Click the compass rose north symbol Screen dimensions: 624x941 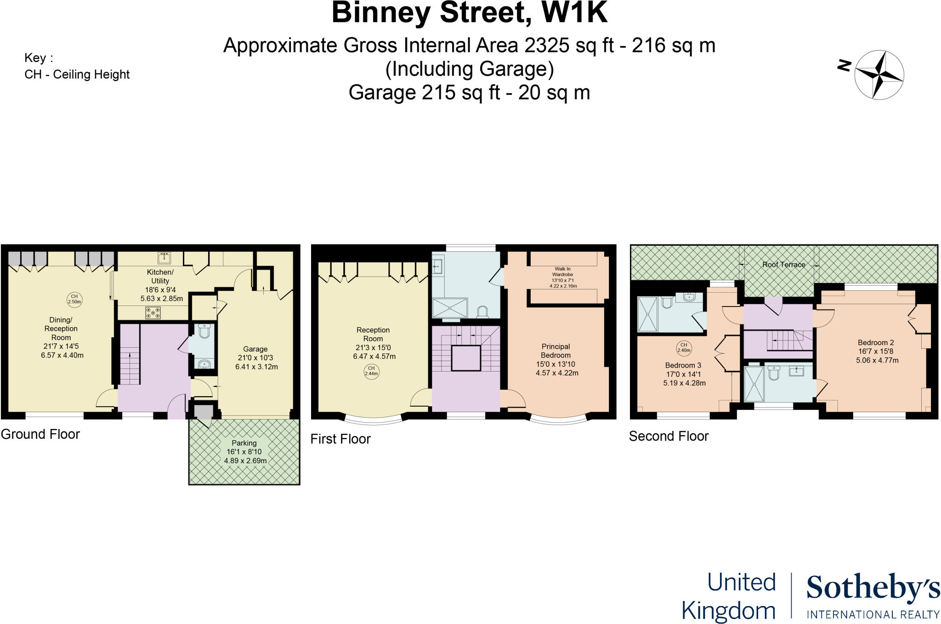pos(879,75)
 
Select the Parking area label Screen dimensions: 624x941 pos(244,451)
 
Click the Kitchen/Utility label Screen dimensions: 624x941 pos(160,285)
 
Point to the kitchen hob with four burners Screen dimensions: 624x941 pos(153,313)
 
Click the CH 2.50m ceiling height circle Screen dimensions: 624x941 pos(74,299)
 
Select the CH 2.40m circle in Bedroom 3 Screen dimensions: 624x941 pos(684,347)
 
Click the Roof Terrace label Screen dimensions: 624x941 pos(783,264)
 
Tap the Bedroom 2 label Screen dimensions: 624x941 pos(876,351)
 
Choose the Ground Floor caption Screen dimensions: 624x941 pos(40,434)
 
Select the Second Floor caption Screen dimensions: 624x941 pos(669,436)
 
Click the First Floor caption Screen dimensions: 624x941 pos(340,439)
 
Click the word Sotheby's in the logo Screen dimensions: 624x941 pos(873,588)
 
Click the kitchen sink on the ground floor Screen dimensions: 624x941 pos(164,258)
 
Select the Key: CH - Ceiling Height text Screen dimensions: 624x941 pos(77,66)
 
